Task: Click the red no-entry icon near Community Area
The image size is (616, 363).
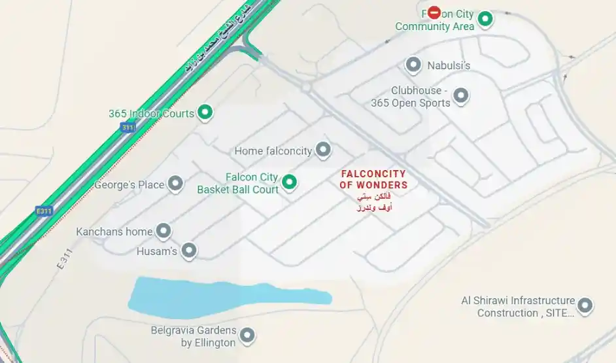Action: point(434,12)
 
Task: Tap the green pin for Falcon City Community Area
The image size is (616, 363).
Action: point(485,19)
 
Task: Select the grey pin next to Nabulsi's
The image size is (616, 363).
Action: point(413,65)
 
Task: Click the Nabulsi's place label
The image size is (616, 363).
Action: point(449,65)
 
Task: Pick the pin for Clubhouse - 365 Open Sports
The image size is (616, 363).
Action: point(461,96)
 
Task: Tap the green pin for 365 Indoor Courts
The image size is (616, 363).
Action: point(205,112)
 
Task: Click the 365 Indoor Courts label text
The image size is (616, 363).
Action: point(151,114)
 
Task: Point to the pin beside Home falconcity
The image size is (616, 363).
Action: point(323,150)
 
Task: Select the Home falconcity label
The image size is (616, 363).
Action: point(273,151)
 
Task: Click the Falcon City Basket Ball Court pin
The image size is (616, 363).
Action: point(289,182)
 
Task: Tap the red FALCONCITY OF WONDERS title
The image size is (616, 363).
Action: point(373,180)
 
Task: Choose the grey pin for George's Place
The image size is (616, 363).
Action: point(175,184)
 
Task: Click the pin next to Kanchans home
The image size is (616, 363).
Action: point(163,230)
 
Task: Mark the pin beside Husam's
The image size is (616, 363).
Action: point(189,250)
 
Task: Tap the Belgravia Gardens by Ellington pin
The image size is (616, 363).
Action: point(247,336)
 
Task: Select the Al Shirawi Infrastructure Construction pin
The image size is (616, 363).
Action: point(585,305)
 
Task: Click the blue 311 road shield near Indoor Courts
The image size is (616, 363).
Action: point(128,127)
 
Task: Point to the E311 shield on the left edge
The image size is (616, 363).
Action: point(44,211)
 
